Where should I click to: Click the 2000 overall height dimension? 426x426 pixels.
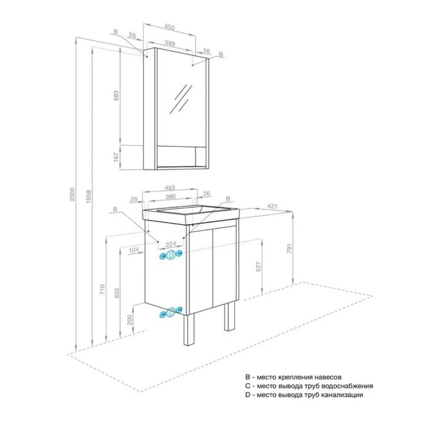tap(72, 194)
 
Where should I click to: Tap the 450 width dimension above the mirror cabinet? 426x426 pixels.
tap(170, 27)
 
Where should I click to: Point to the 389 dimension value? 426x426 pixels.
tap(170, 43)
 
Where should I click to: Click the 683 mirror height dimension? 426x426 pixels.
tap(117, 96)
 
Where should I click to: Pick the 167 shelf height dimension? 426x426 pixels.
tap(117, 158)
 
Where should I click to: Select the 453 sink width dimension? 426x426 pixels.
tap(170, 187)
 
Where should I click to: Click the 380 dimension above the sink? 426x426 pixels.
tap(170, 196)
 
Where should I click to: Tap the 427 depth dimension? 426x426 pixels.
tap(272, 206)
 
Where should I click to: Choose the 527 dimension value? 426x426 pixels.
tap(259, 267)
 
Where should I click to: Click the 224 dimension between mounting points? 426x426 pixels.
tap(171, 244)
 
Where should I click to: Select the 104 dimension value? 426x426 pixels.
tap(133, 250)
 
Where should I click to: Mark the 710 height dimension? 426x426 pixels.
tap(102, 290)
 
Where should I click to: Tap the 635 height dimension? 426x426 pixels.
tap(117, 293)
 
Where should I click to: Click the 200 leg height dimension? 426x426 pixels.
tap(130, 320)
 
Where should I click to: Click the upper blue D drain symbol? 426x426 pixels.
tap(171, 255)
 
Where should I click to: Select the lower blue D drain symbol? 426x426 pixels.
tap(171, 312)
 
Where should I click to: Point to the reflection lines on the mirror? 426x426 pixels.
tap(181, 98)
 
